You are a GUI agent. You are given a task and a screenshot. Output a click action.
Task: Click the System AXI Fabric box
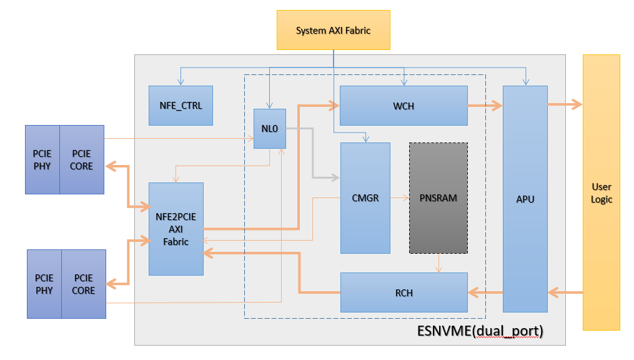(x=333, y=31)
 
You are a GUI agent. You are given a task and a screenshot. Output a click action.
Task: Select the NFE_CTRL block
(x=181, y=106)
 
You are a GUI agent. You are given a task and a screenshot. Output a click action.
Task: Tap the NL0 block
(x=270, y=129)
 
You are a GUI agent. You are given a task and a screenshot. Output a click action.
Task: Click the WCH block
(x=404, y=106)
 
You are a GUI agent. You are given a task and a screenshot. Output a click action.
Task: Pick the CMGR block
(x=365, y=198)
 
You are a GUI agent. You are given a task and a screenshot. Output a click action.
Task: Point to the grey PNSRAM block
(x=438, y=198)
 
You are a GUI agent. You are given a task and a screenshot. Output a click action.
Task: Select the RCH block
(x=404, y=292)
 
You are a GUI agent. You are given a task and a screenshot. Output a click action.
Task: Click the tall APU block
(x=525, y=199)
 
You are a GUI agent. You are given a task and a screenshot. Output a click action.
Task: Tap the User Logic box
(x=602, y=192)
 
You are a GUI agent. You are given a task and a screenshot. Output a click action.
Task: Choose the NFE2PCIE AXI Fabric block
(x=176, y=229)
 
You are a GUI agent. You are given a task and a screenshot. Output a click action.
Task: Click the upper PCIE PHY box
(x=42, y=160)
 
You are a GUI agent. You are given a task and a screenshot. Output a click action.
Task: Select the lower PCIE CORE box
(x=84, y=284)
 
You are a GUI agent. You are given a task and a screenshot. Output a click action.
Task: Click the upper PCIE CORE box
(x=82, y=160)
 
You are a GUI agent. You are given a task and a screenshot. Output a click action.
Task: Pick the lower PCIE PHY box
(x=44, y=284)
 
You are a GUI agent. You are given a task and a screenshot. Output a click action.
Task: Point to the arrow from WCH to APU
(x=485, y=106)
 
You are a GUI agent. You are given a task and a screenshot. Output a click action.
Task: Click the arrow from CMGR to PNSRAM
(x=400, y=197)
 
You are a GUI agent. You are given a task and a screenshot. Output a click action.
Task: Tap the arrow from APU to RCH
(x=485, y=292)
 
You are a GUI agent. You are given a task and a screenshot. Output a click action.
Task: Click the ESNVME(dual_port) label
(x=480, y=331)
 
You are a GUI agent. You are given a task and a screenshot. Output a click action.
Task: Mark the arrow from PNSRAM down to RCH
(x=438, y=263)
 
